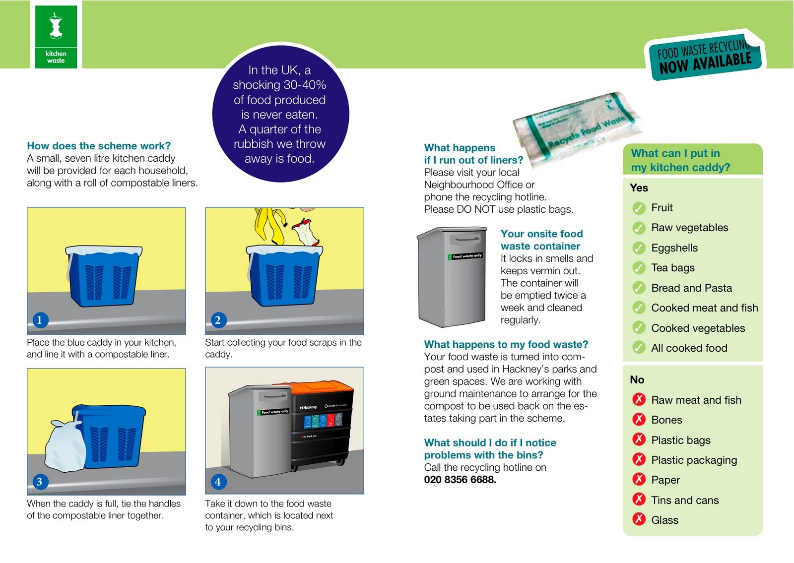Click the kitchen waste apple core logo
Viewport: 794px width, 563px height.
point(56,27)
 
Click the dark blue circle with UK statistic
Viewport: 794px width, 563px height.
point(280,114)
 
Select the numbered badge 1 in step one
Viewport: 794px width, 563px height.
point(40,320)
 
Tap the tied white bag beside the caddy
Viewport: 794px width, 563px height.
point(65,446)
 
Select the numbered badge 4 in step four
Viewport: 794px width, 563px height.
point(218,481)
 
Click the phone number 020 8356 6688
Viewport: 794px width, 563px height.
point(460,480)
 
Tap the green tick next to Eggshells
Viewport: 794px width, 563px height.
point(639,248)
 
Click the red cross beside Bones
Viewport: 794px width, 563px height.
point(639,420)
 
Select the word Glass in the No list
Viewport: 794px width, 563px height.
point(664,520)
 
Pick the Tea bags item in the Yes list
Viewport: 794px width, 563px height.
point(672,268)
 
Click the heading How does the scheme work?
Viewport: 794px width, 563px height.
point(99,146)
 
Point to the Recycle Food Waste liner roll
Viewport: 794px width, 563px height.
point(576,126)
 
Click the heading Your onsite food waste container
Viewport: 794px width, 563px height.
point(541,240)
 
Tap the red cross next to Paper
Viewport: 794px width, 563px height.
point(639,480)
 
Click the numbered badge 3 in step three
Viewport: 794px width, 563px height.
point(40,481)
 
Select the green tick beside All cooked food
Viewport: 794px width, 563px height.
point(639,348)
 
